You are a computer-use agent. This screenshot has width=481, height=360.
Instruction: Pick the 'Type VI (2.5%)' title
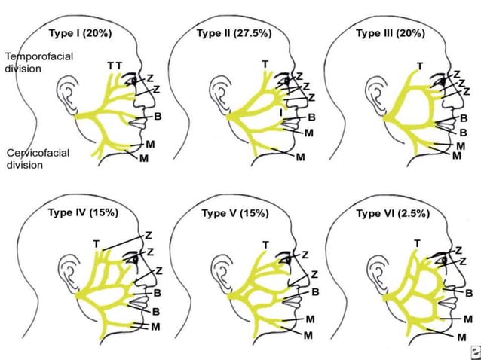(393, 213)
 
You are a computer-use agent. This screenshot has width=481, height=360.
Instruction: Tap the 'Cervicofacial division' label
(38, 158)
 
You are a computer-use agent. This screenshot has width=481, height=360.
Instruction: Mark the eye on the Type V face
(286, 258)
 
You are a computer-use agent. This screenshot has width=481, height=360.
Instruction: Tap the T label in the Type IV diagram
(96, 243)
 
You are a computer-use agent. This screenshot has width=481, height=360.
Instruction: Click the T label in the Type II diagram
(264, 64)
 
